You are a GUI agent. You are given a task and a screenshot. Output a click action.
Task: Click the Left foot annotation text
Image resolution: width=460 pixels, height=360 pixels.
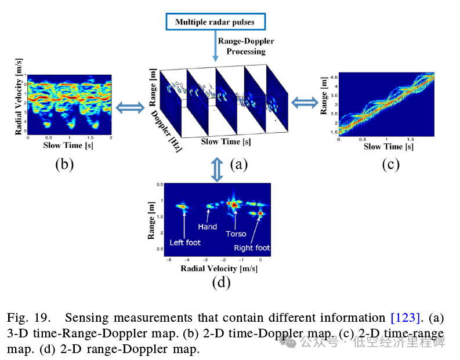click(x=185, y=242)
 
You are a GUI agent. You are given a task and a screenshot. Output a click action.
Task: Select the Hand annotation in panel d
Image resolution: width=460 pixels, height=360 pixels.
click(x=207, y=227)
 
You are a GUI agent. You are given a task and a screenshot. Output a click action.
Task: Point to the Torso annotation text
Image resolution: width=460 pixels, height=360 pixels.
click(x=236, y=234)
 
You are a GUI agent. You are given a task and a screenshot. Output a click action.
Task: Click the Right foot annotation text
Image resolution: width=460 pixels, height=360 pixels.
click(x=252, y=248)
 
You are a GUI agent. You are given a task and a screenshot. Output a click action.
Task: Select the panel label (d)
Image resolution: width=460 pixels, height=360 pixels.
click(x=221, y=282)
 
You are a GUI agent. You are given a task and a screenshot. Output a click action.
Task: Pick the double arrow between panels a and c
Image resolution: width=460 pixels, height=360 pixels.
click(x=304, y=103)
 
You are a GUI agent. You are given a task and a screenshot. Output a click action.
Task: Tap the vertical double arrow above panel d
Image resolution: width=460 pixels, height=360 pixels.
click(x=216, y=169)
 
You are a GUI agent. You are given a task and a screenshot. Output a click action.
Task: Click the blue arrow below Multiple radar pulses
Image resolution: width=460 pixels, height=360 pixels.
click(x=215, y=47)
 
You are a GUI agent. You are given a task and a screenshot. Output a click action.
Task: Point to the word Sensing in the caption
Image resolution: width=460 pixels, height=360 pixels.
click(x=86, y=318)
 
